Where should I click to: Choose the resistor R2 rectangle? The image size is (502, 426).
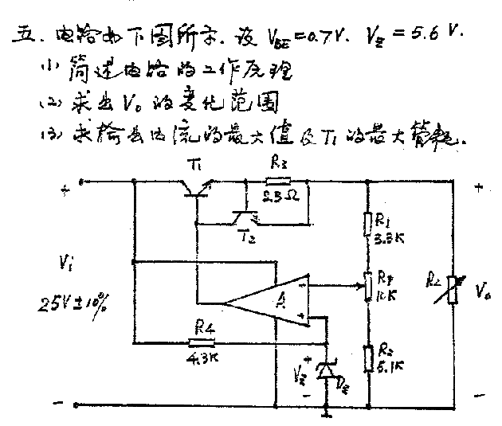[x=368, y=358]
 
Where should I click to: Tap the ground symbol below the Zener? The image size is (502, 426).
[x=327, y=414]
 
